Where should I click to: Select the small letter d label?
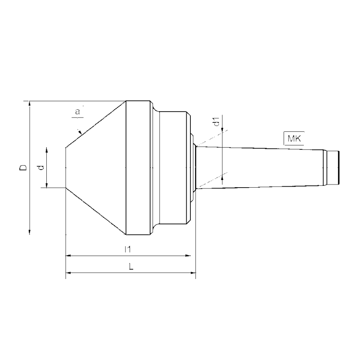tap(41, 167)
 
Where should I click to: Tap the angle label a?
tap(77, 111)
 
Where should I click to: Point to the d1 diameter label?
tap(216, 122)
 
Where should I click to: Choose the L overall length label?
tap(130, 266)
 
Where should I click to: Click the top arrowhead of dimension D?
tap(30, 104)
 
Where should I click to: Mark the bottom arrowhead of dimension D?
tap(30, 231)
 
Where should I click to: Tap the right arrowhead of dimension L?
tap(193, 273)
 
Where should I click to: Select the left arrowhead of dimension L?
tap(69, 273)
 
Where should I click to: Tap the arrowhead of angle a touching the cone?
tap(80, 132)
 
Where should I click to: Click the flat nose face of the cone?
tap(67, 167)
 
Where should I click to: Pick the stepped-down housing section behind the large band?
tap(173, 167)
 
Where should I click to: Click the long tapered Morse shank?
tap(261, 167)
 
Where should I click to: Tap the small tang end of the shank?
tap(333, 167)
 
